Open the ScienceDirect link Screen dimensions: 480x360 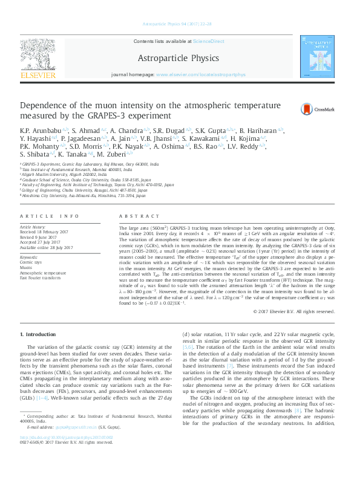208,41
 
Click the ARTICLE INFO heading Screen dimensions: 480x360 49,215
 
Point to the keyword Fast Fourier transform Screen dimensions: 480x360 41,277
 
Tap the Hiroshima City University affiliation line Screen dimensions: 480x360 84,196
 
